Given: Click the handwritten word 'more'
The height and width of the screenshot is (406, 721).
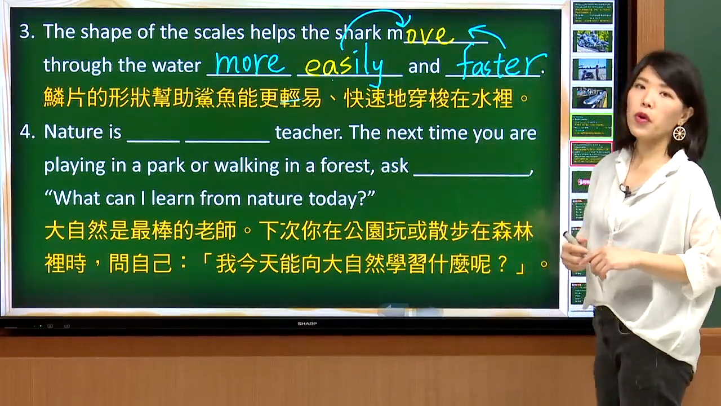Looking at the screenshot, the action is tap(250, 63).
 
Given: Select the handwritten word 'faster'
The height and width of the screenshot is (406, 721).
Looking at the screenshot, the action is tap(501, 63).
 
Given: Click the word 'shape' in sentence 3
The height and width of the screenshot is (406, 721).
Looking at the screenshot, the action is tap(106, 33).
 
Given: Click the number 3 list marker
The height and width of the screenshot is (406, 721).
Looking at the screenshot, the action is tap(27, 32).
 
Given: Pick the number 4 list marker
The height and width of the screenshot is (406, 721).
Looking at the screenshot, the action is tap(27, 132).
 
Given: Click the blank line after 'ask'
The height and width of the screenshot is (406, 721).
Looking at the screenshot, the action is tap(471, 174).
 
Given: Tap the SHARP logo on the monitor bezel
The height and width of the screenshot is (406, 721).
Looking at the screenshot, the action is tap(307, 324).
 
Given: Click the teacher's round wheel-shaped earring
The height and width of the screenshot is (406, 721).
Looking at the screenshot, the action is tap(679, 133).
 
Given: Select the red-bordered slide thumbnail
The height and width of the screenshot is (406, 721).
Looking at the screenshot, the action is tap(591, 153).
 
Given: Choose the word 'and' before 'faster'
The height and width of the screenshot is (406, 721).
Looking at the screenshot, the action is tap(424, 66).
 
